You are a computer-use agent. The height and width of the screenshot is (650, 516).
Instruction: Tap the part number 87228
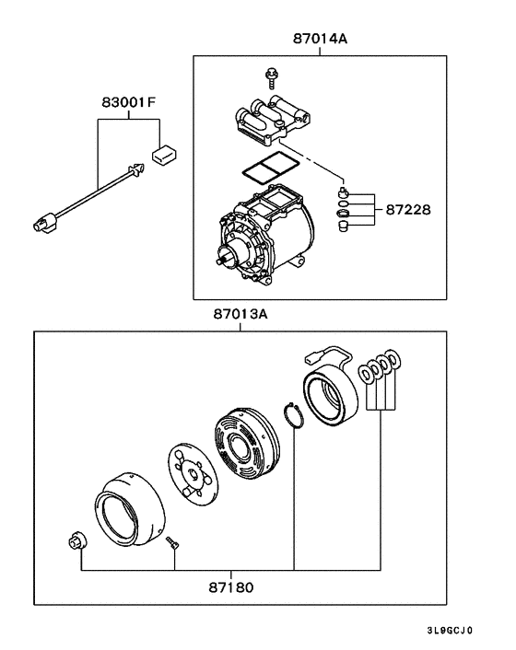405,209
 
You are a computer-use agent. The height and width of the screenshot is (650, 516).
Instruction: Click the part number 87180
232,586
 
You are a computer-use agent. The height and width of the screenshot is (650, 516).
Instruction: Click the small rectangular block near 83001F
165,153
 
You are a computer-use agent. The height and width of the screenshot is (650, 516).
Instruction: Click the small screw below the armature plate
172,546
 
